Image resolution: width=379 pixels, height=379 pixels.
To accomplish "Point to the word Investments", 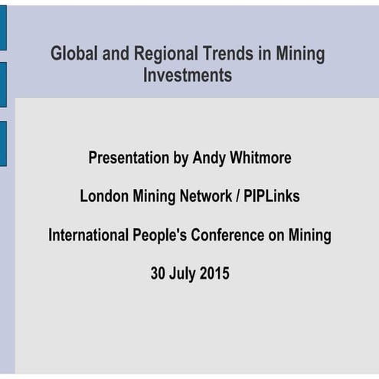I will click(188, 76).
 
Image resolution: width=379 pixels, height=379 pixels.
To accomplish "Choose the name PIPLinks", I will click(272, 197).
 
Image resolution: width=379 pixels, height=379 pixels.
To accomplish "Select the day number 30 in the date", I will click(158, 273).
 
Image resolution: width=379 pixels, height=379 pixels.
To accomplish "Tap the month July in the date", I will click(185, 273).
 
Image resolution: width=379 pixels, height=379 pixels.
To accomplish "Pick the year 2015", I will click(214, 273).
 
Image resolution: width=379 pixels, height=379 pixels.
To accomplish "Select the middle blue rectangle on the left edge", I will click(3, 84).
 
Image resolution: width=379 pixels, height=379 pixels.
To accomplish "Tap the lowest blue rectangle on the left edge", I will click(3, 143).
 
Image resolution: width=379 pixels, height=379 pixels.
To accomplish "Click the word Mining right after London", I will click(151, 197).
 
